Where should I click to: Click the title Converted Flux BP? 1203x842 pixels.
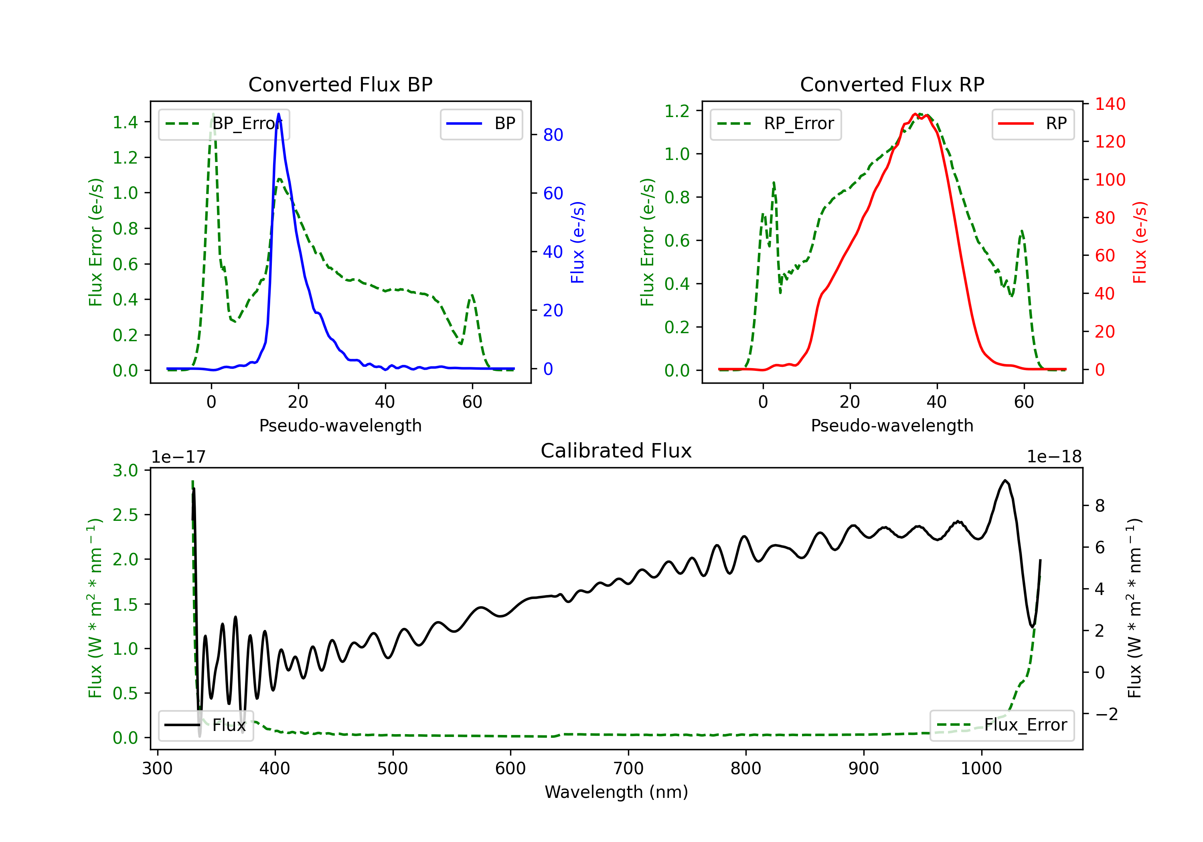pyautogui.click(x=340, y=84)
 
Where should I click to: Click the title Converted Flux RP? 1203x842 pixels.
pyautogui.click(x=892, y=84)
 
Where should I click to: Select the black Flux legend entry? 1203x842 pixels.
pyautogui.click(x=206, y=725)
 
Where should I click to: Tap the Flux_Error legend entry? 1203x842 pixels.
pyautogui.click(x=1002, y=725)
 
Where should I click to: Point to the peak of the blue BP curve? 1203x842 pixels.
pyautogui.click(x=278, y=114)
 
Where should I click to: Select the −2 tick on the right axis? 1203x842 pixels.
pyautogui.click(x=1106, y=714)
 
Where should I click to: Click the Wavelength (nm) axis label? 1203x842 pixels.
pyautogui.click(x=616, y=792)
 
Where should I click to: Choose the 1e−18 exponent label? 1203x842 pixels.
pyautogui.click(x=1054, y=457)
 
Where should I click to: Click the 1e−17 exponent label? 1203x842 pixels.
pyautogui.click(x=179, y=457)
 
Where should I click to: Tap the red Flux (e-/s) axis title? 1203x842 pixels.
pyautogui.click(x=1140, y=242)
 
